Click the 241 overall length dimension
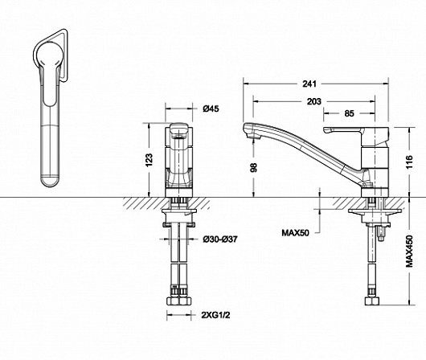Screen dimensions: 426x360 pyautogui.click(x=309, y=84)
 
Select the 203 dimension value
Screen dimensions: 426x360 pyautogui.click(x=314, y=101)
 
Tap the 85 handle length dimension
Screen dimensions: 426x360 pyautogui.click(x=349, y=113)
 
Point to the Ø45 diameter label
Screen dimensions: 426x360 pyautogui.click(x=211, y=108)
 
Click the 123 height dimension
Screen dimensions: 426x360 pyautogui.click(x=150, y=160)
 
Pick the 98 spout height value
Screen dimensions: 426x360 pyautogui.click(x=253, y=167)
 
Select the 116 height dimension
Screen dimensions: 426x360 pyautogui.click(x=409, y=162)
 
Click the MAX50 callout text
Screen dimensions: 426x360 pyautogui.click(x=295, y=233)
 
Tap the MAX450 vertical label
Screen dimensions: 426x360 pyautogui.click(x=409, y=252)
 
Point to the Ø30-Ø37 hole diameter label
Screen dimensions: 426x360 pyautogui.click(x=220, y=239)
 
